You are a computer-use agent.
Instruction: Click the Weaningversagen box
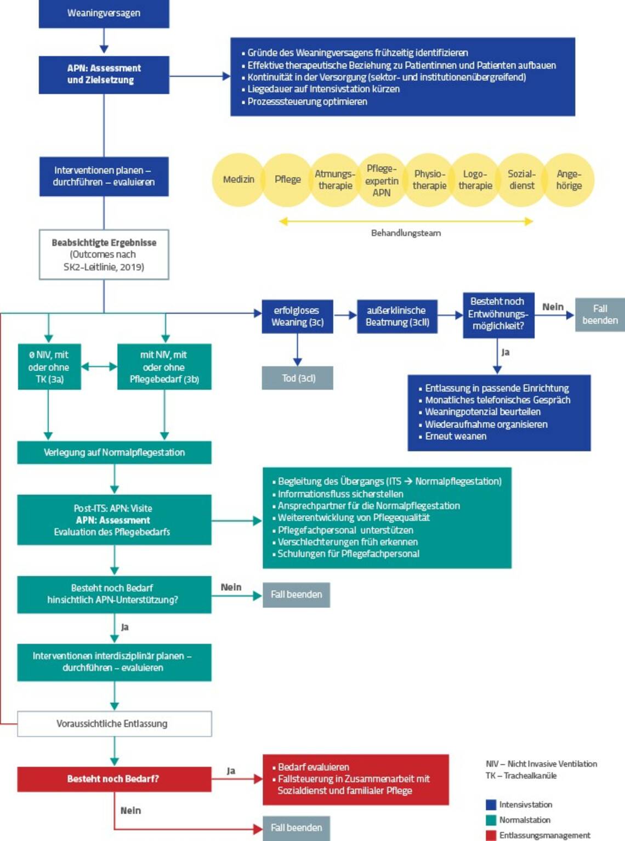click(x=104, y=13)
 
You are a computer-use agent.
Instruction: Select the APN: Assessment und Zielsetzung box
click(x=104, y=74)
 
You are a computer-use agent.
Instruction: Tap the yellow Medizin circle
click(x=238, y=179)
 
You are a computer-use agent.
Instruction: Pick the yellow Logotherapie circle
click(x=475, y=179)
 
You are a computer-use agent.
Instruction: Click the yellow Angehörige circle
click(x=569, y=179)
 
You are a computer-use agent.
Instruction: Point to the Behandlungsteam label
click(x=406, y=233)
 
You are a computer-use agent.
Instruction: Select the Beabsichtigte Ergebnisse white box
click(x=104, y=255)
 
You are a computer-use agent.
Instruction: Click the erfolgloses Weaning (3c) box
click(x=297, y=317)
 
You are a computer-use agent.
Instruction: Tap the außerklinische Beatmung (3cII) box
click(x=397, y=317)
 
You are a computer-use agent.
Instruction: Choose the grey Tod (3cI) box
click(x=297, y=378)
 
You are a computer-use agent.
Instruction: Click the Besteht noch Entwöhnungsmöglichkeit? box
click(x=498, y=314)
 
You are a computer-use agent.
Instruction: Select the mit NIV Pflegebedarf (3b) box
click(x=164, y=367)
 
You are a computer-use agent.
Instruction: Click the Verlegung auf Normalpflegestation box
click(x=114, y=453)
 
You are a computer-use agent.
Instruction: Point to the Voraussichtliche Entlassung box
click(x=114, y=724)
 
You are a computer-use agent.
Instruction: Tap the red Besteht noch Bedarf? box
click(x=114, y=779)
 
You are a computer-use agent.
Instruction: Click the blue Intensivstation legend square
click(x=491, y=805)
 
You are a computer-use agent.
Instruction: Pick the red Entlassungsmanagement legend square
click(x=491, y=836)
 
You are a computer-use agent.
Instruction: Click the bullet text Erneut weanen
click(x=456, y=436)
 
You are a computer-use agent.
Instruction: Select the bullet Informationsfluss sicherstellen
click(x=340, y=494)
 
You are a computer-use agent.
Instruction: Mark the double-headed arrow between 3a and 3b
click(x=99, y=366)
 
